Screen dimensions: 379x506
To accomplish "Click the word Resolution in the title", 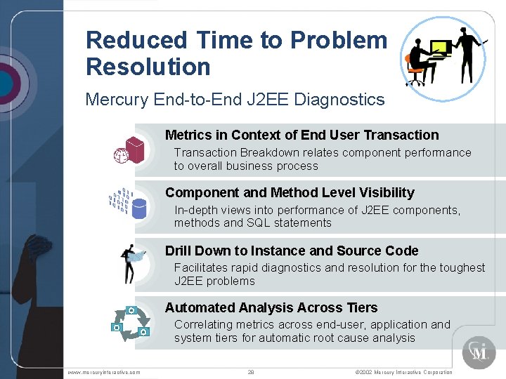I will click(148, 67).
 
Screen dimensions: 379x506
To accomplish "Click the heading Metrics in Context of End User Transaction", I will click(301, 135).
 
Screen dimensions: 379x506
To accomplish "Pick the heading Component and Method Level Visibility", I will click(290, 193).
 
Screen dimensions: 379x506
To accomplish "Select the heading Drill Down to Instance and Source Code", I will click(292, 251).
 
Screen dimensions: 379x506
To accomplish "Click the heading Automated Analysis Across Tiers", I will click(271, 308).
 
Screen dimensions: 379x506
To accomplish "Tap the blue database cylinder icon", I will click(139, 208).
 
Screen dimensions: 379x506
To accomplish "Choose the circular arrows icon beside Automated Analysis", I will click(131, 321).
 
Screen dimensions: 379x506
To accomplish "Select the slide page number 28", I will click(251, 372).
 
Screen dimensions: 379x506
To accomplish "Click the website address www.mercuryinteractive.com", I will click(104, 372).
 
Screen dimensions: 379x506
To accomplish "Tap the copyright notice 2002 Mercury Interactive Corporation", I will click(403, 372).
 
